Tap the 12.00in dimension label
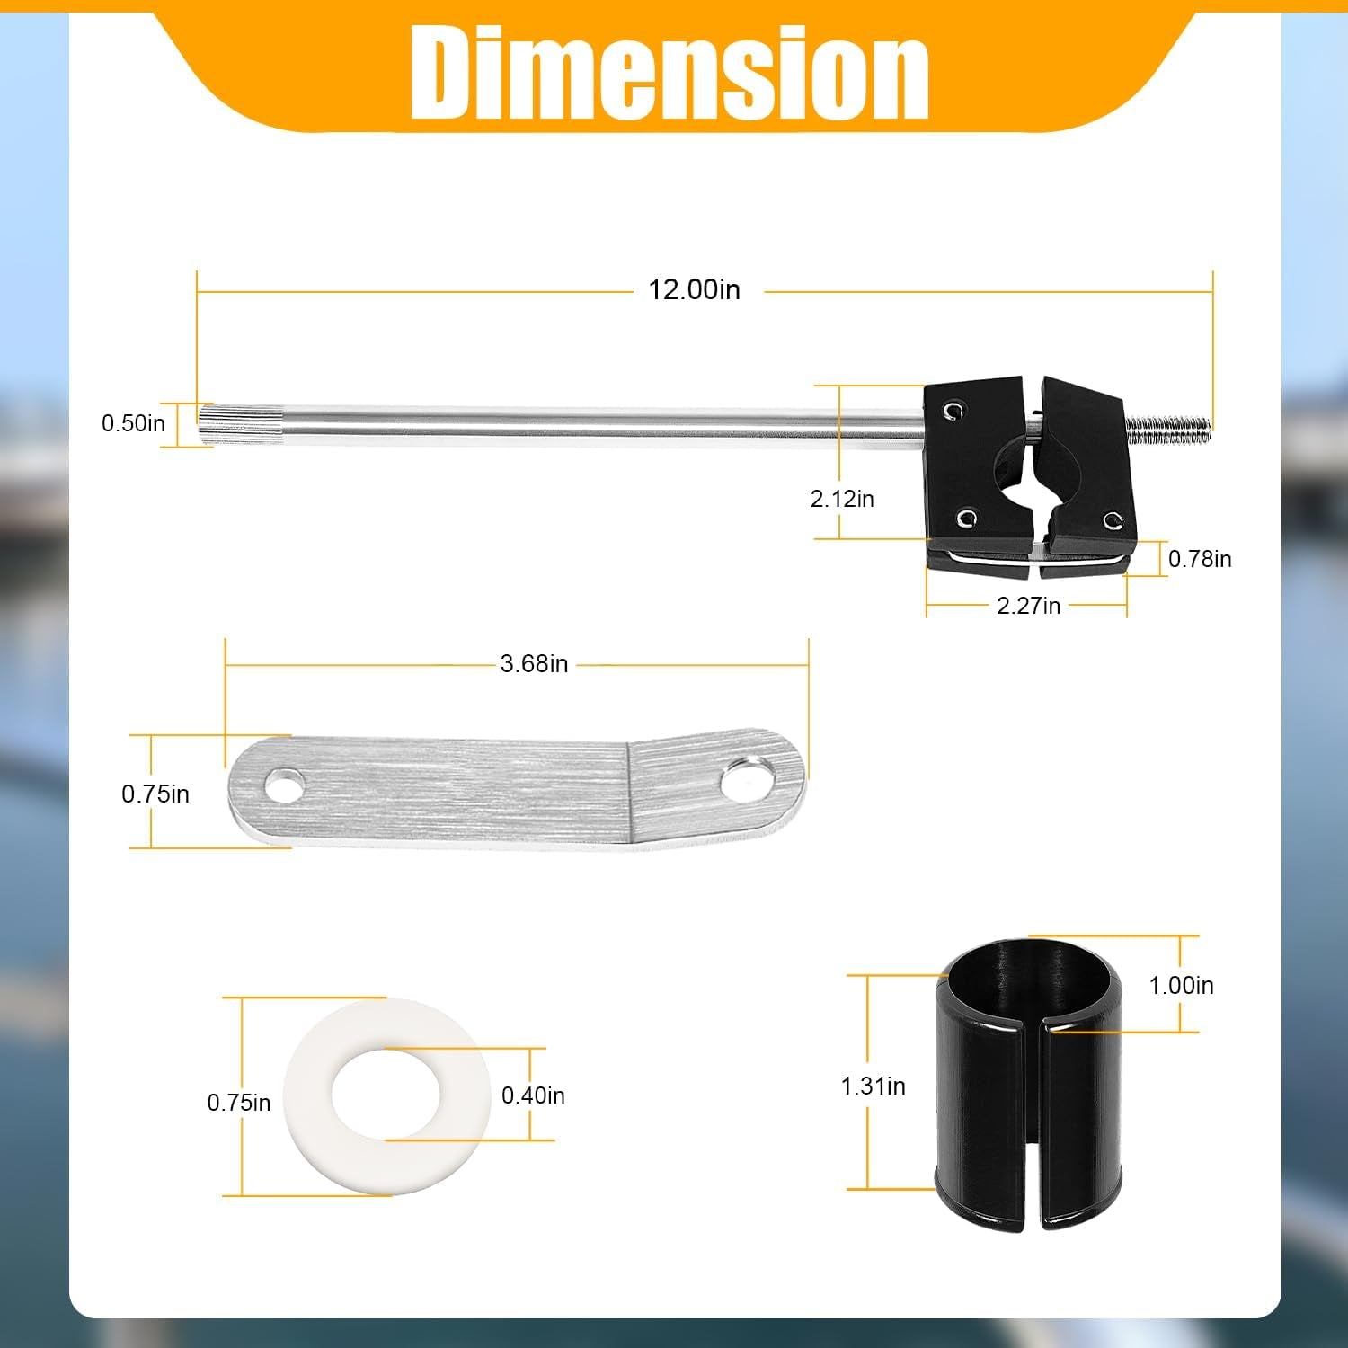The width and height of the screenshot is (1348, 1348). pos(694,289)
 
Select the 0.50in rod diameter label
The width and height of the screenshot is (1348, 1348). pos(133,423)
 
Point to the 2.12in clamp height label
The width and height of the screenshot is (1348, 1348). pos(842,499)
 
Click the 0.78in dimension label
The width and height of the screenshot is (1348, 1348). pos(1200,559)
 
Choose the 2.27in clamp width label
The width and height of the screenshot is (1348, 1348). pos(1028,606)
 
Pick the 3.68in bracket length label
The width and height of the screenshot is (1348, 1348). pos(534,664)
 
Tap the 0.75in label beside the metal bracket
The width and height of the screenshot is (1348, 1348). pos(155,794)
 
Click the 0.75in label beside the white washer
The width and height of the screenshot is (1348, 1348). pos(238,1103)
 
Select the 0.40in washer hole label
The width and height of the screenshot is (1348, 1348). pos(533,1095)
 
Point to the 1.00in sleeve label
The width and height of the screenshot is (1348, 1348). pos(1181,986)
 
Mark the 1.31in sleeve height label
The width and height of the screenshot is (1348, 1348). pos(873,1086)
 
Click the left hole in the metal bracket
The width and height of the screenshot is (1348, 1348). pos(284,787)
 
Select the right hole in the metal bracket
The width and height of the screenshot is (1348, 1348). pos(748,778)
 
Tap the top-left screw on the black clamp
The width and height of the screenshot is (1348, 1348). pos(953,411)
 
